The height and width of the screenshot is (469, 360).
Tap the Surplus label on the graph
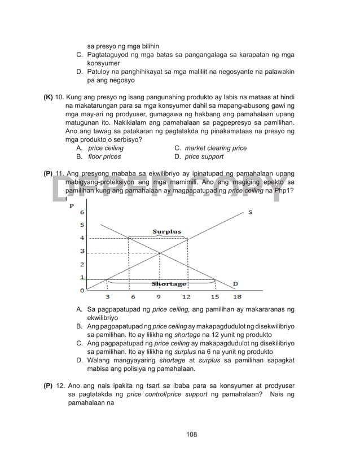167,231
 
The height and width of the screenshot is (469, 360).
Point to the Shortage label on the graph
168,284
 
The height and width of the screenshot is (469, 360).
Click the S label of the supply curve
250,212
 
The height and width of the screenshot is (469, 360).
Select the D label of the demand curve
235,283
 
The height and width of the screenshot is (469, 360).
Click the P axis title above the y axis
72,205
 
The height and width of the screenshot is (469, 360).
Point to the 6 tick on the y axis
82,213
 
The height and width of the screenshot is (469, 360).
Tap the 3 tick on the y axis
82,251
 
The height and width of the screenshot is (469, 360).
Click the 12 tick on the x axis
186,297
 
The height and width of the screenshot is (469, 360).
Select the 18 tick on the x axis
237,297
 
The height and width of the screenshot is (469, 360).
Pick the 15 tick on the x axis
215,297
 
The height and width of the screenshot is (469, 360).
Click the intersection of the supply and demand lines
160,253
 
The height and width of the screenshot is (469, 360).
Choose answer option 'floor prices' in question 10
104,156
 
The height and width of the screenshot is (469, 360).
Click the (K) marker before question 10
49,97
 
